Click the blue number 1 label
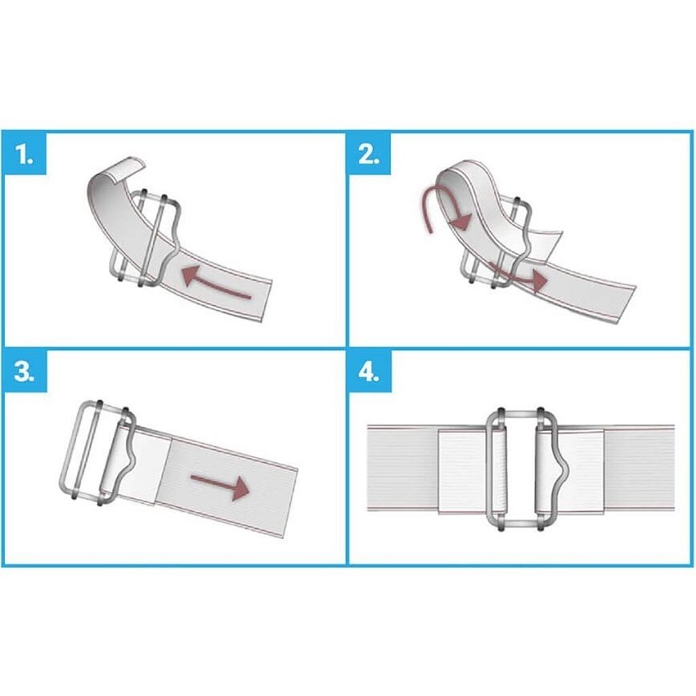[x=24, y=155]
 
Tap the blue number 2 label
[x=368, y=155]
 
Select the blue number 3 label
[x=24, y=372]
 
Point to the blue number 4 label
[x=369, y=372]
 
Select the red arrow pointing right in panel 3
[x=220, y=487]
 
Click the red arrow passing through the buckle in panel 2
[x=517, y=276]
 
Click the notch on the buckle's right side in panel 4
[x=562, y=469]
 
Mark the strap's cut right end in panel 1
[x=267, y=300]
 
